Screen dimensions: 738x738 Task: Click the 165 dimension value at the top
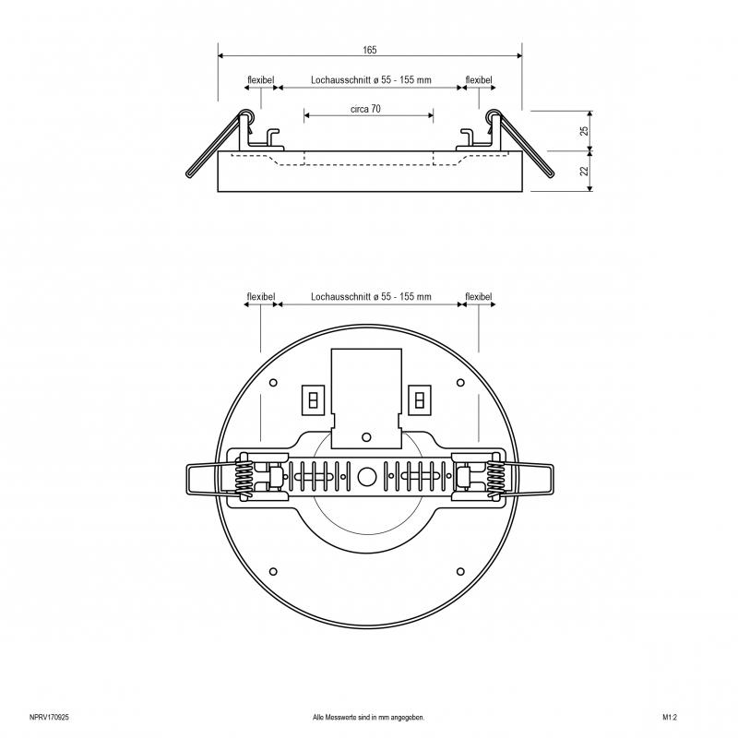pos(370,50)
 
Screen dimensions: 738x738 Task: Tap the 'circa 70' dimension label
pos(365,109)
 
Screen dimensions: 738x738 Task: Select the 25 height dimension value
pos(584,131)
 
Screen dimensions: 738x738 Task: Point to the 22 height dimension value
pos(584,171)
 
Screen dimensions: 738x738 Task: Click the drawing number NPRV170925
pos(49,718)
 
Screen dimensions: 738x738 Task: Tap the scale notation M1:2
pos(670,718)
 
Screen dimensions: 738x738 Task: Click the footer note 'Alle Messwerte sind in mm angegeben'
pos(368,718)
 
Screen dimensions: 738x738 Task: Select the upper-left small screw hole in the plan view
pos(273,383)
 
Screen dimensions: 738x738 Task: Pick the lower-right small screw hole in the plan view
pos(460,572)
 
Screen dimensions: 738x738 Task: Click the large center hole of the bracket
pos(366,477)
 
